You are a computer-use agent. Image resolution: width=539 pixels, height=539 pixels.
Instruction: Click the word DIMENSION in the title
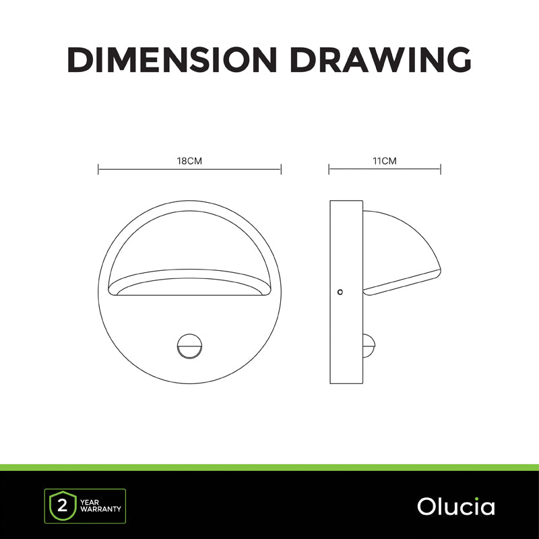coord(172,59)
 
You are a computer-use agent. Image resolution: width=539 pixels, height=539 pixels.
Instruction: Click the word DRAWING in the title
coord(381,59)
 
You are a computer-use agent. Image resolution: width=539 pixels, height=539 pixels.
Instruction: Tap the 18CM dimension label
coord(189,161)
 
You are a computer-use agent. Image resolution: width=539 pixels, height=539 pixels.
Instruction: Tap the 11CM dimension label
coord(385,161)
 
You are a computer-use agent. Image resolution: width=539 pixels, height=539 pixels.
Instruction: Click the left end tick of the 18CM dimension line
coord(98,169)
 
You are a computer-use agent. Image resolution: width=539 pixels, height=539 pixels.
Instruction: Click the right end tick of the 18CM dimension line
coord(281,169)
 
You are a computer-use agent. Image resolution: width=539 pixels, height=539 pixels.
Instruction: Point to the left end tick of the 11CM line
coord(329,169)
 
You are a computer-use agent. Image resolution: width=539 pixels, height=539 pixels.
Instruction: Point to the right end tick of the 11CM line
coord(441,169)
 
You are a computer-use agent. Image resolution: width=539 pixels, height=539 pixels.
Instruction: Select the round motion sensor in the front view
coord(189,346)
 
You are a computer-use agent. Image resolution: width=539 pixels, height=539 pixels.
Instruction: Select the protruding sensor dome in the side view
coord(369,346)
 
